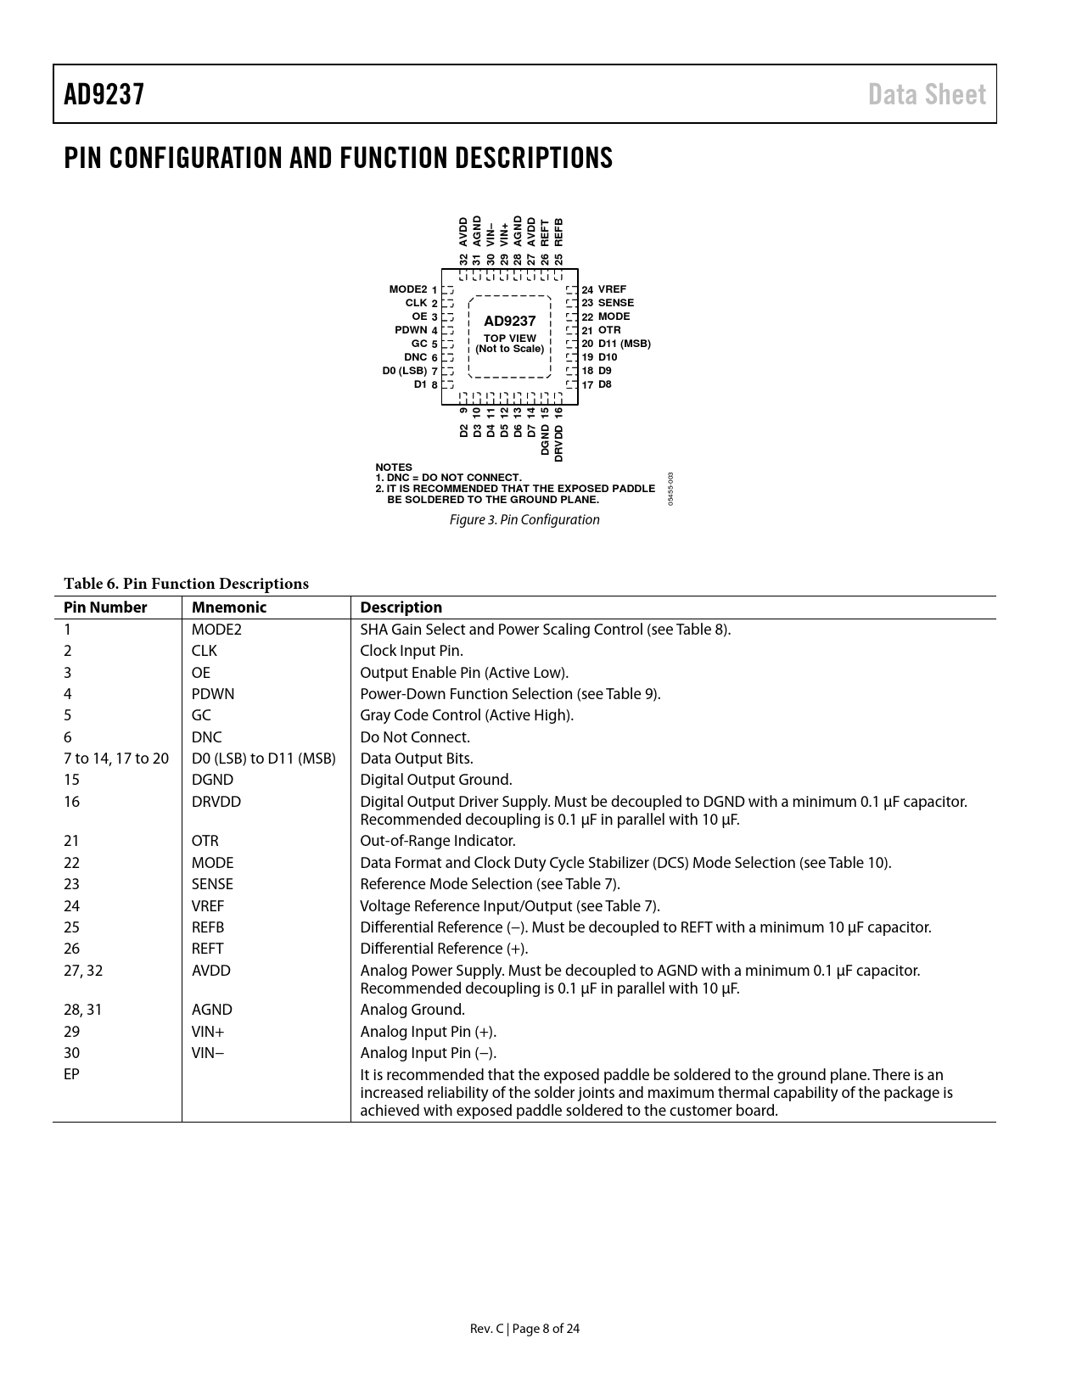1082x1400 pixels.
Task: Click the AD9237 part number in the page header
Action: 104,94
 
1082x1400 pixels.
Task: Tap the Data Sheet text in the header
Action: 927,94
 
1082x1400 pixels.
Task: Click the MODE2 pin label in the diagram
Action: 408,289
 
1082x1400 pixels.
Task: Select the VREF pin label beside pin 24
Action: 612,289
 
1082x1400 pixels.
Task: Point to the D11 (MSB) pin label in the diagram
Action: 624,344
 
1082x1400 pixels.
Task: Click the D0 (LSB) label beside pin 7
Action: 405,371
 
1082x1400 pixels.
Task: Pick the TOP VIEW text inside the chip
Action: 509,338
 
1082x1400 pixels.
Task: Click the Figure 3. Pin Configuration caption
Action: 524,519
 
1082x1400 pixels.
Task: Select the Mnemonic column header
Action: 228,608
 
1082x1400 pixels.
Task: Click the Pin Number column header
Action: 105,608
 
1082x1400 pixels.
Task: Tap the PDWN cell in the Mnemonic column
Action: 213,694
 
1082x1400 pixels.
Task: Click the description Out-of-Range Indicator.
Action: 438,841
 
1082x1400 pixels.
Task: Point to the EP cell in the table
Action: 71,1074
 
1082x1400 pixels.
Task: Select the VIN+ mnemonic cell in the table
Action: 208,1032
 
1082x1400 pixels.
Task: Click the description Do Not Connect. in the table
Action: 415,737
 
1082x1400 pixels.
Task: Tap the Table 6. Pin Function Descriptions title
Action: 186,584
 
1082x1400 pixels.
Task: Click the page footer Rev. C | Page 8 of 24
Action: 524,1329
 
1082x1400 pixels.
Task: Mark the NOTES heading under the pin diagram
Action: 394,468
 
